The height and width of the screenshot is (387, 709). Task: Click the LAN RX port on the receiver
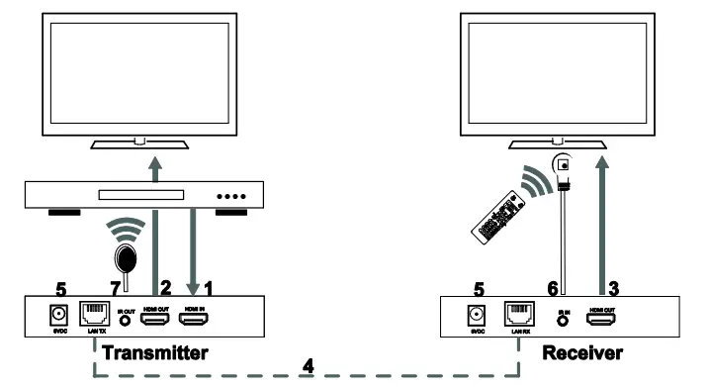click(518, 314)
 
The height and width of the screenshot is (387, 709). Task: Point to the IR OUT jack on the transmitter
click(126, 317)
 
